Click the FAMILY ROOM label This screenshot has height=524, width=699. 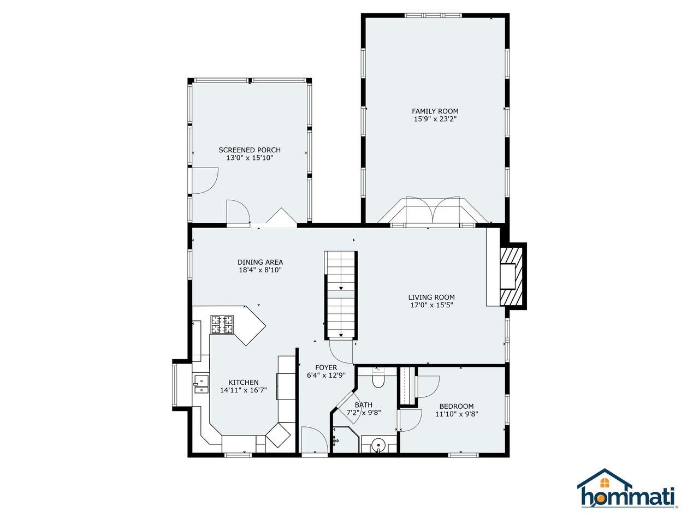click(435, 111)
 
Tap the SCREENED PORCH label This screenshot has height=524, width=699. click(250, 150)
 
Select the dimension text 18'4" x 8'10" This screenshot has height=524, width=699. click(260, 270)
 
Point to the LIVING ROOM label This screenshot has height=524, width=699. click(431, 297)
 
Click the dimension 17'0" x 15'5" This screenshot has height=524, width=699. click(431, 305)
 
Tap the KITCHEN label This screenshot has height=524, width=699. click(244, 382)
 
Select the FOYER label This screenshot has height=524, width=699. click(326, 367)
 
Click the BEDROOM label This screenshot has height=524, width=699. click(457, 406)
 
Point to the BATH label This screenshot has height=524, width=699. click(363, 404)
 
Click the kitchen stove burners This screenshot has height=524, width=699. click(222, 325)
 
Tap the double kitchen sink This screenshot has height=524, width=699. click(200, 385)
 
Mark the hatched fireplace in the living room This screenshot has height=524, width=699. click(512, 276)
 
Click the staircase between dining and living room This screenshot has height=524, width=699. click(341, 295)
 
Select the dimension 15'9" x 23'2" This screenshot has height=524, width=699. click(435, 119)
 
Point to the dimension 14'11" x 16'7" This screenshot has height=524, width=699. click(244, 390)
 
